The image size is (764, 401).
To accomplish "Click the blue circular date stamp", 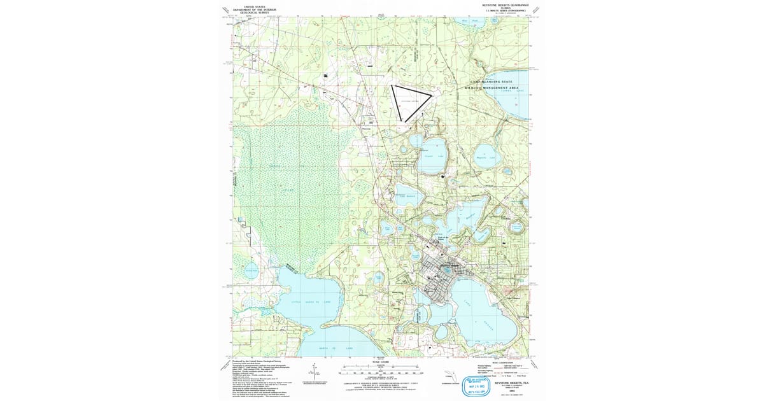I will coord(472,384).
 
